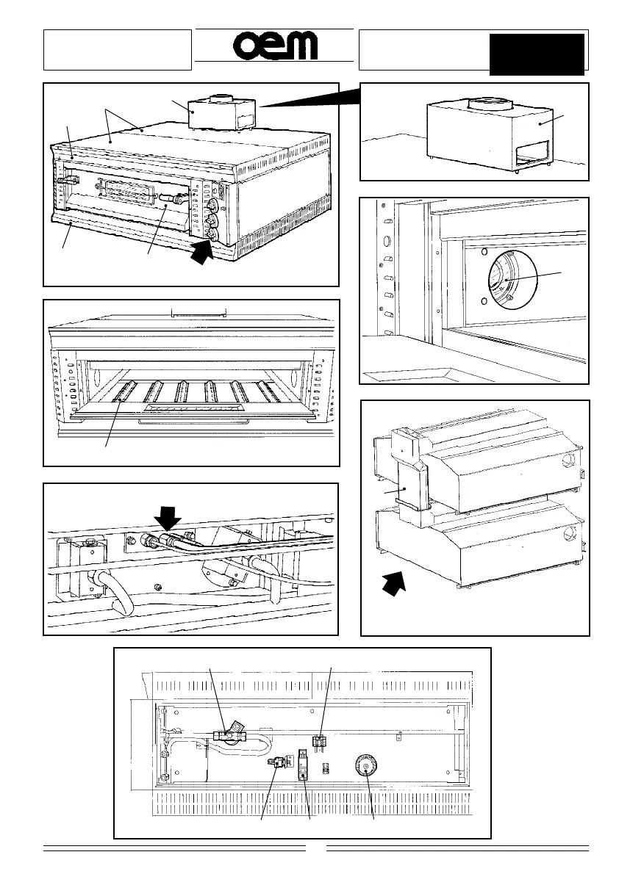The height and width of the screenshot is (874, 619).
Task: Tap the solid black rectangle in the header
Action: pos(537,54)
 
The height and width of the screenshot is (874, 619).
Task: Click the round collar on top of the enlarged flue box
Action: pos(485,104)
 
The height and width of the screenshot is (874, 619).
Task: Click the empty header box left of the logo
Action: pos(118,50)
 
